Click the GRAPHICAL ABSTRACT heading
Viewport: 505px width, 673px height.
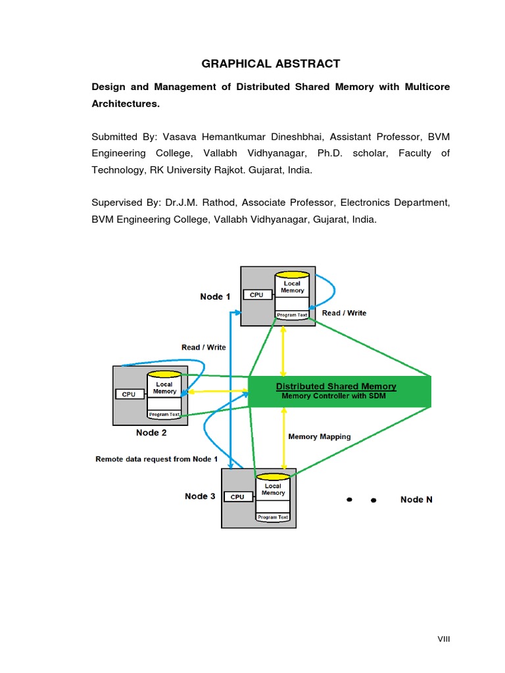(270, 64)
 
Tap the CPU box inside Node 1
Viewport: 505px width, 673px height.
(256, 295)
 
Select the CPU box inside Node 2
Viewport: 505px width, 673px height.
(129, 394)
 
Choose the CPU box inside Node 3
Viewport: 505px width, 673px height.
(237, 497)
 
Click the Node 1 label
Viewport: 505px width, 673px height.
(215, 296)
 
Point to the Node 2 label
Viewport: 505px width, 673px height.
(151, 432)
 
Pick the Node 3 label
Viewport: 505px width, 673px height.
(200, 496)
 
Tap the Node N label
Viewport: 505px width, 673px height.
(416, 499)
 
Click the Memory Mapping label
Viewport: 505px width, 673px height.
(320, 436)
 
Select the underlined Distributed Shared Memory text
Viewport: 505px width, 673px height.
(336, 386)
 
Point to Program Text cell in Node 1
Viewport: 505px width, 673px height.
(292, 315)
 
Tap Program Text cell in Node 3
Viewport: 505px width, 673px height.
(273, 517)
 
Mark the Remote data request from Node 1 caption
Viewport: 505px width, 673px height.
(156, 459)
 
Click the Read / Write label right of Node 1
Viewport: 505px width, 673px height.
(344, 313)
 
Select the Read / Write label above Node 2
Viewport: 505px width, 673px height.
(203, 347)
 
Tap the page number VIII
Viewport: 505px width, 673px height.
(444, 639)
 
